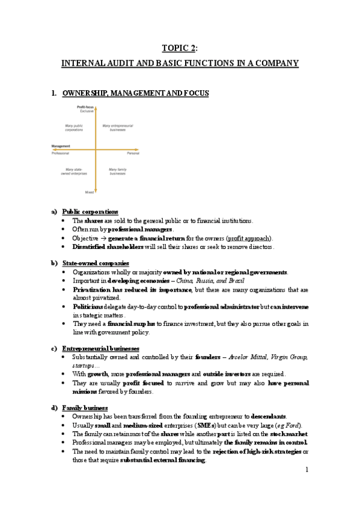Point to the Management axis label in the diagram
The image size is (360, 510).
click(x=62, y=146)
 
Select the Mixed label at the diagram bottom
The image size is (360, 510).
click(x=89, y=192)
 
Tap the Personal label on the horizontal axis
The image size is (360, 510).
click(x=133, y=153)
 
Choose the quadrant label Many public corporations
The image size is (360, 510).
click(x=74, y=127)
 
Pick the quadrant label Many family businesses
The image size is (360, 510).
click(x=117, y=171)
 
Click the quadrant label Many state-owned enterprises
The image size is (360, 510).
click(x=75, y=171)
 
